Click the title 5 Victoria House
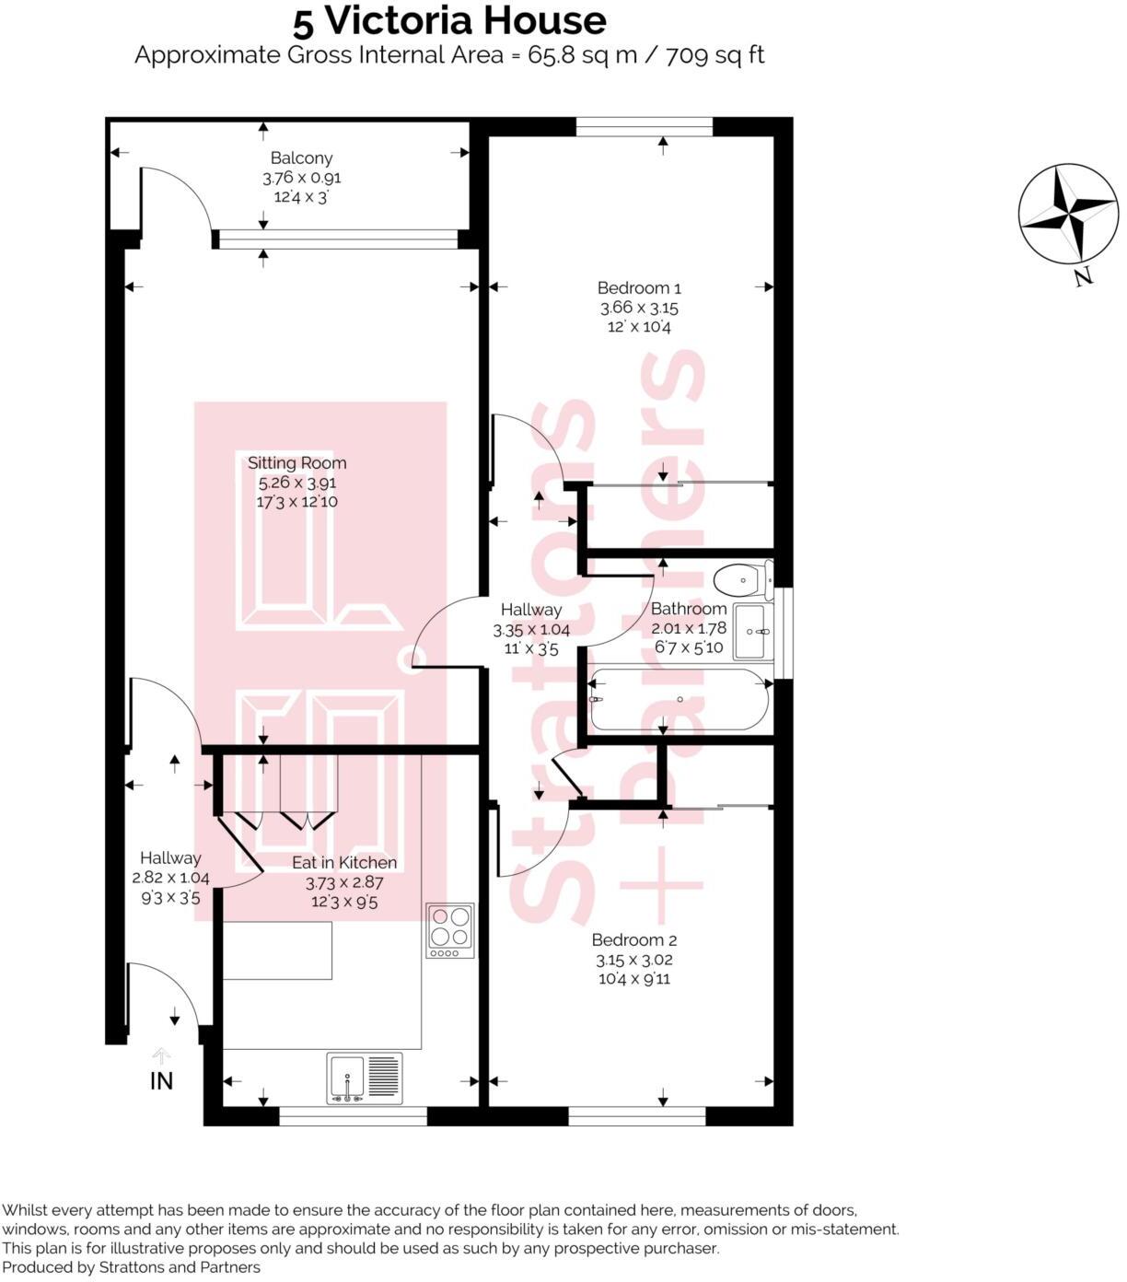449,20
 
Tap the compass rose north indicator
1067,214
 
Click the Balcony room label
301,158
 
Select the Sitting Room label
296,463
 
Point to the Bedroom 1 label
638,288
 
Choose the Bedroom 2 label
633,940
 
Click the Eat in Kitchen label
344,863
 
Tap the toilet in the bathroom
742,580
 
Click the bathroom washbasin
754,632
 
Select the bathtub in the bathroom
680,700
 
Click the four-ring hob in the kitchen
450,929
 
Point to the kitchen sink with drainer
365,1078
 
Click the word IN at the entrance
161,1081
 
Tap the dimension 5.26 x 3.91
296,483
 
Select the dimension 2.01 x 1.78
689,628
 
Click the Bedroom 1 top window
645,126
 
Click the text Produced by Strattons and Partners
132,1267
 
